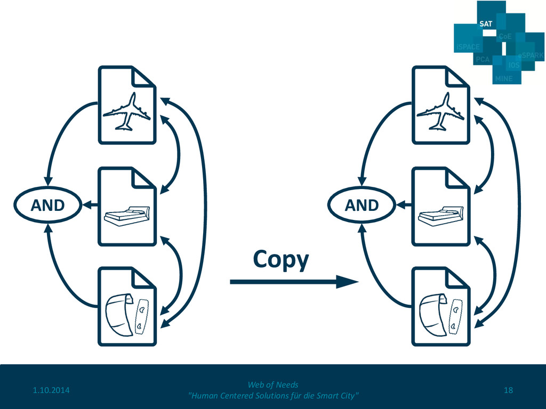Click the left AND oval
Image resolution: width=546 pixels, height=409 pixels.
47,205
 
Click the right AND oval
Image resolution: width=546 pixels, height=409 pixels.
362,205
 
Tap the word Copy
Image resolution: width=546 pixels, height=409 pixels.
280,259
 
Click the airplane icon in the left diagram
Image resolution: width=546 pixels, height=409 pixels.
126,112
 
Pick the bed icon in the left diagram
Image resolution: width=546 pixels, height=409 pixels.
127,216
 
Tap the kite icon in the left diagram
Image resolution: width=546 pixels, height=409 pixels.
118,314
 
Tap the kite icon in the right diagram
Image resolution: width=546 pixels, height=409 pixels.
432,314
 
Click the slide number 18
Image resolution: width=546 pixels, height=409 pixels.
508,391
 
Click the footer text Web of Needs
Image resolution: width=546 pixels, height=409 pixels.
273,385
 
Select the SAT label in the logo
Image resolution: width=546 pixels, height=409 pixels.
485,24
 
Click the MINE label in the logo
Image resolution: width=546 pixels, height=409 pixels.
503,78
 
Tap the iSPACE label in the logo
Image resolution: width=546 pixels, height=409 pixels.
468,47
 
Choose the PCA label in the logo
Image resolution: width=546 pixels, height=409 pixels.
483,60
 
